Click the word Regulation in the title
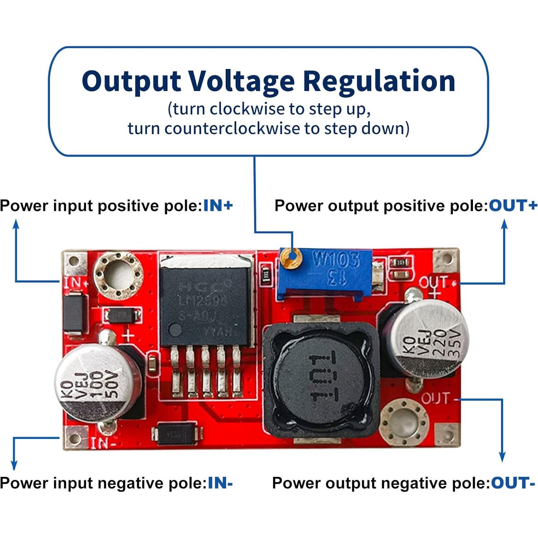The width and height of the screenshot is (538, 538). click(x=379, y=81)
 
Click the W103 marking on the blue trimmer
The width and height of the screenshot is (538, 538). click(x=336, y=259)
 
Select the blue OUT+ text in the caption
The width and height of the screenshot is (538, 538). click(x=513, y=206)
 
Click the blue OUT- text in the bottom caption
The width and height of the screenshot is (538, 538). click(x=513, y=483)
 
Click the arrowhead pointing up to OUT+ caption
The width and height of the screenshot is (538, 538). click(x=504, y=224)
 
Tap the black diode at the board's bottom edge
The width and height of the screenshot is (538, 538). click(x=176, y=434)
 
